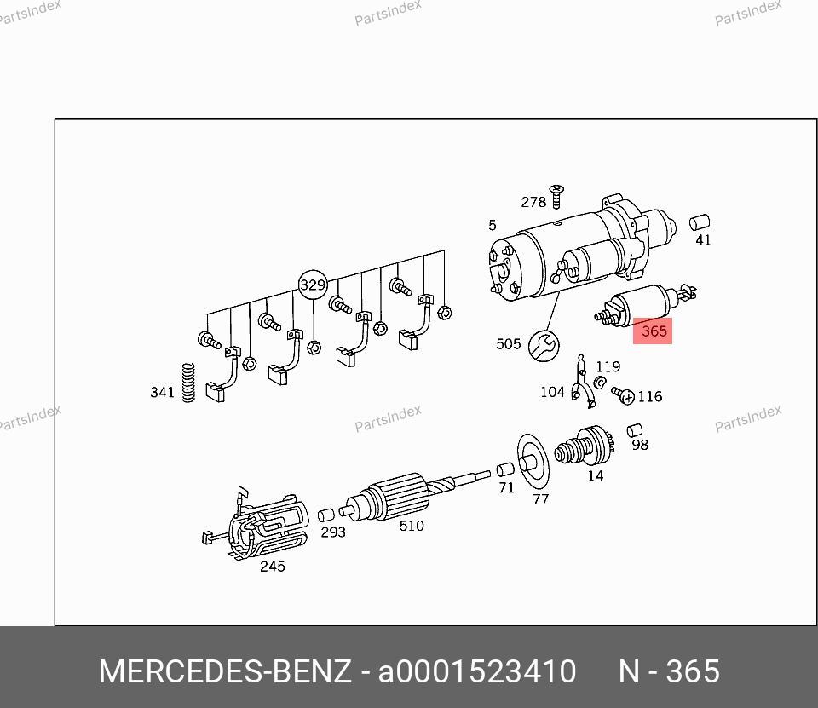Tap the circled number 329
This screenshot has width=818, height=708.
tap(313, 285)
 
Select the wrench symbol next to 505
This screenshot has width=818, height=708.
tap(544, 345)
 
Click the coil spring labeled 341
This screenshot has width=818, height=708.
tap(188, 383)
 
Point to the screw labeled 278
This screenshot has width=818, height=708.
tap(556, 196)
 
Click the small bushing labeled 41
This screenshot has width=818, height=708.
tap(700, 222)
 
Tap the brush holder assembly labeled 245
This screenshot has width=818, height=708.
tap(256, 523)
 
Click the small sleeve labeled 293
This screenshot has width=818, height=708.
tap(326, 515)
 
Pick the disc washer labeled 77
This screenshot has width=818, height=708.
tap(533, 461)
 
